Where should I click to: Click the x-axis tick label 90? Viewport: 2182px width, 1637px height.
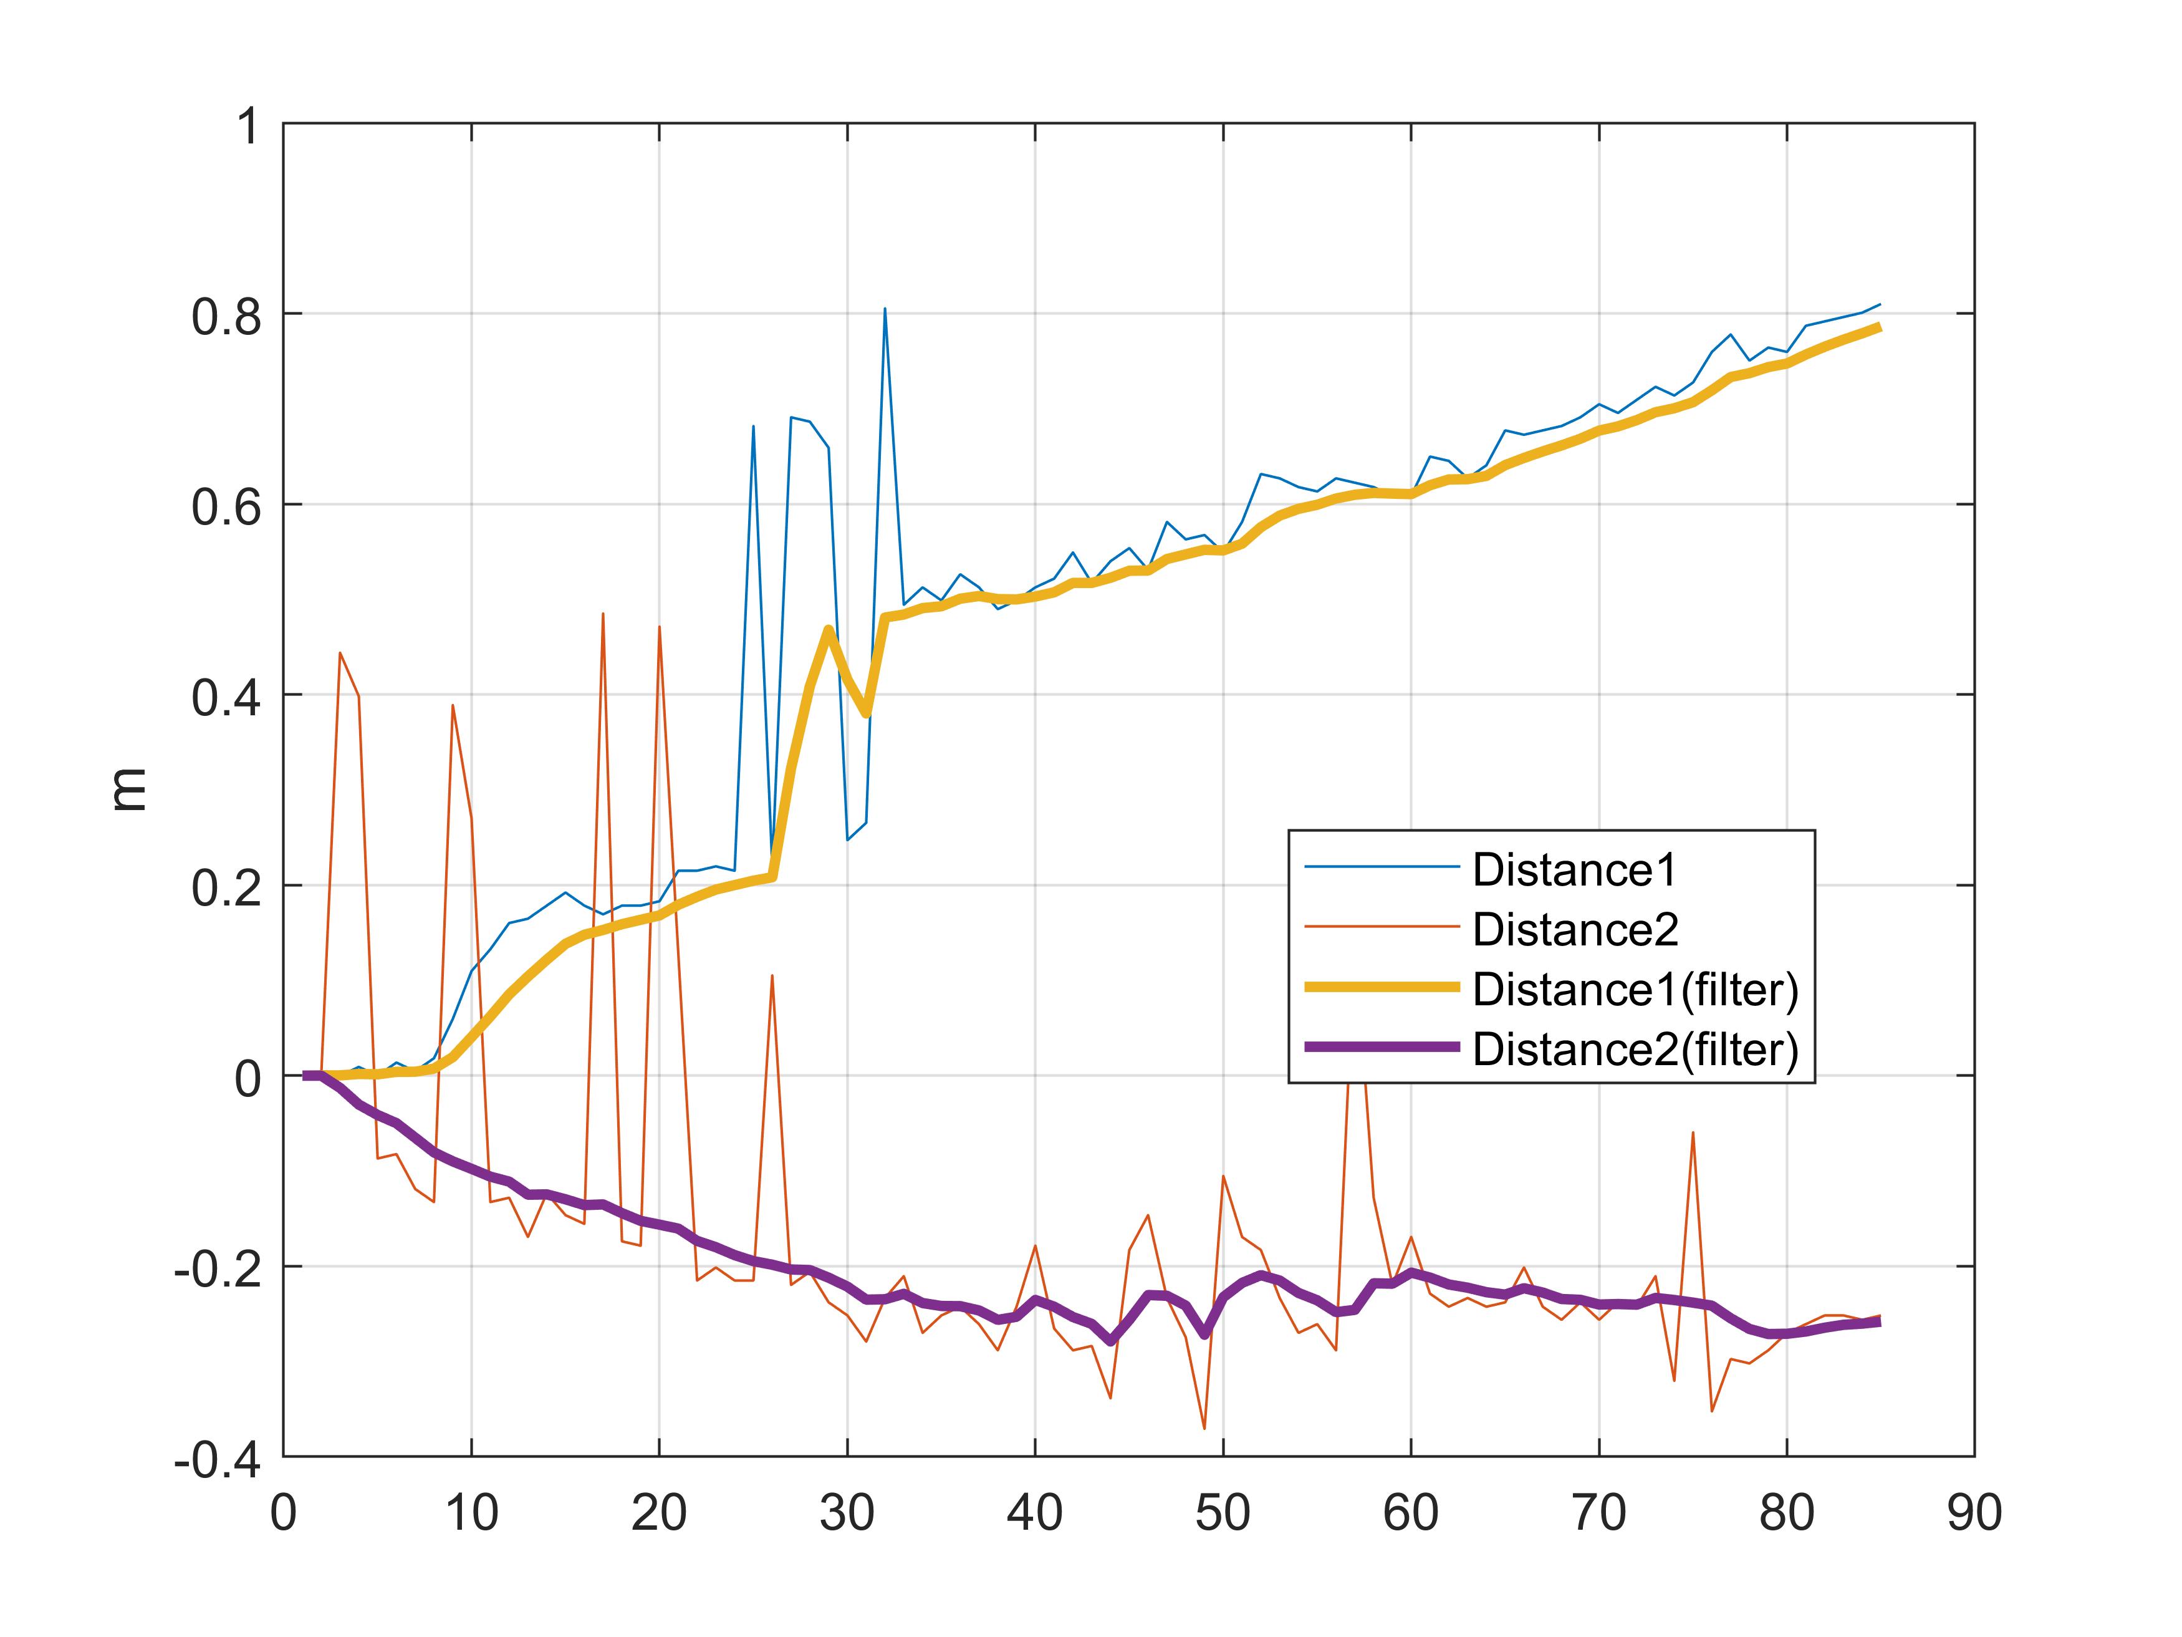click(1974, 1514)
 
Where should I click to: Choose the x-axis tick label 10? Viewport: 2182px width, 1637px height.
click(471, 1514)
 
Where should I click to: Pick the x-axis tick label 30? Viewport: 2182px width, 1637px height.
click(847, 1514)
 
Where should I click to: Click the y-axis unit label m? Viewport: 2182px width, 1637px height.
click(128, 790)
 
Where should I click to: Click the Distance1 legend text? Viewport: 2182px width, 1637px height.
click(1574, 869)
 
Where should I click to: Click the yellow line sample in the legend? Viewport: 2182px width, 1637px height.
click(1381, 987)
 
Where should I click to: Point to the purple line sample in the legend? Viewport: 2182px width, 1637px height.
click(1381, 1047)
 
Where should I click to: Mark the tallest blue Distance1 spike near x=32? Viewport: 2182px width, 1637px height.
click(885, 309)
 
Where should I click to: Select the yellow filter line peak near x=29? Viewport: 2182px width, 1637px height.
click(829, 629)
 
